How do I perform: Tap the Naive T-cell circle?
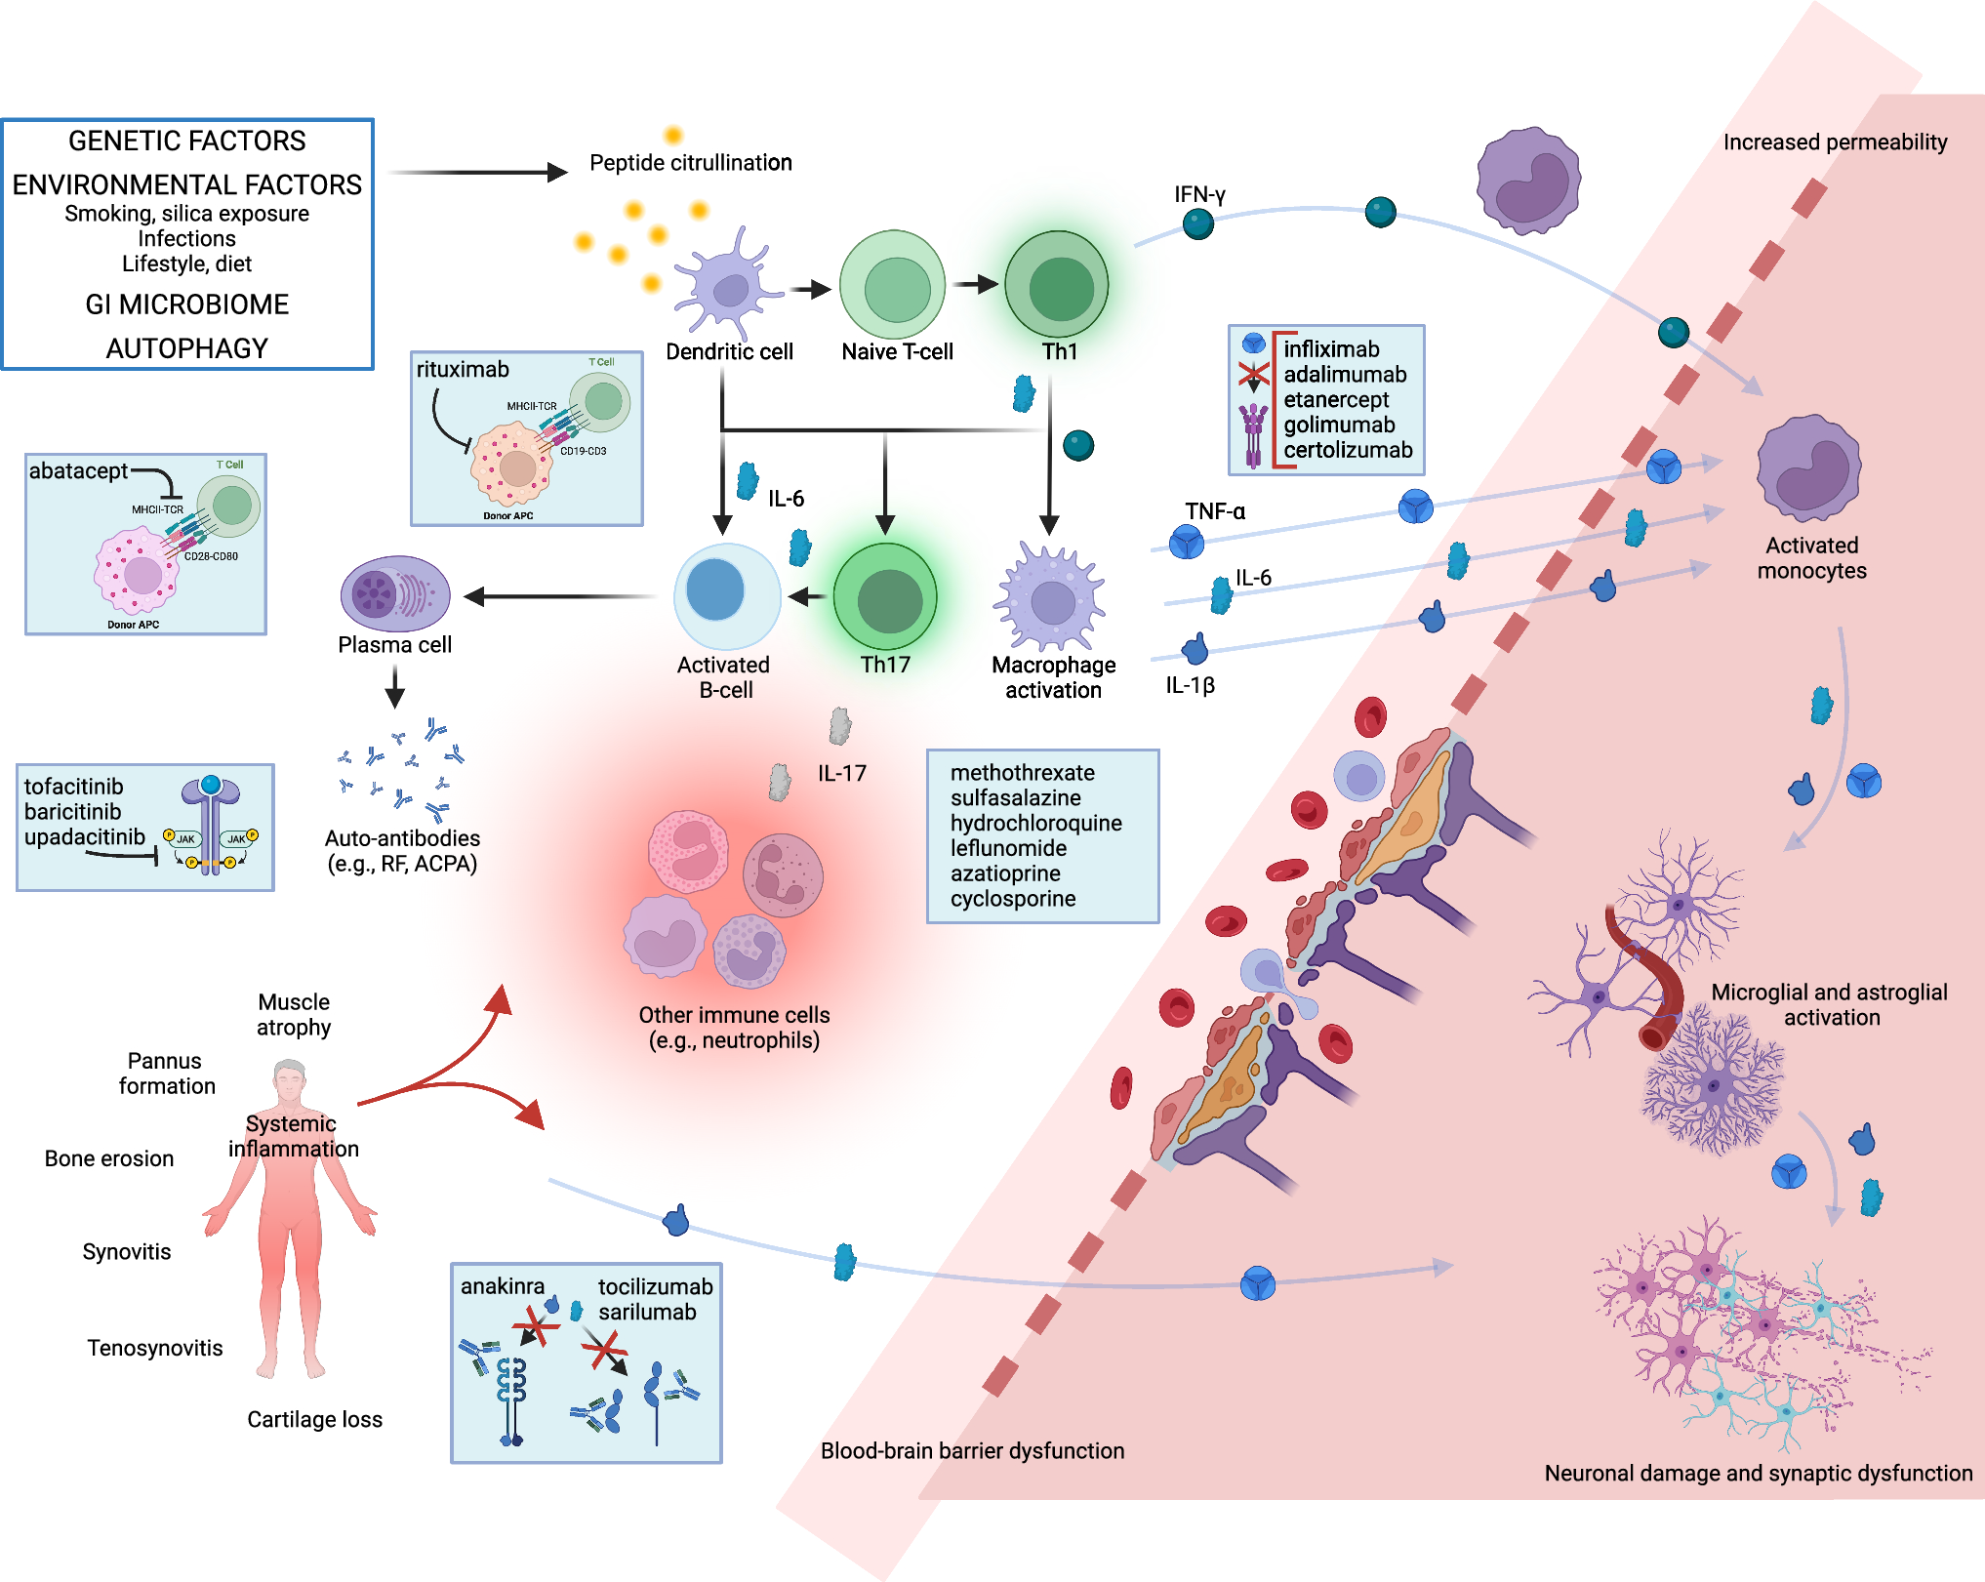click(893, 285)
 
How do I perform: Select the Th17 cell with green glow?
click(885, 597)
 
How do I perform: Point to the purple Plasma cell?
click(394, 593)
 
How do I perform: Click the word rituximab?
click(463, 370)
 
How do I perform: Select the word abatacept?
click(78, 471)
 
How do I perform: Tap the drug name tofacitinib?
click(73, 787)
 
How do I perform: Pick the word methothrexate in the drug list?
click(1022, 773)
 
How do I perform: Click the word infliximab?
click(1331, 349)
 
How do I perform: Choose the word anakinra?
click(502, 1286)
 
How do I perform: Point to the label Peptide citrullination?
click(690, 163)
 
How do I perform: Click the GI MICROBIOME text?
click(186, 304)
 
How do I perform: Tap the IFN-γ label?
click(1199, 194)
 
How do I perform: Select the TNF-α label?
click(1215, 511)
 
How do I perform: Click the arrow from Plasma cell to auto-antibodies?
click(394, 686)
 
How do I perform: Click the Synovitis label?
click(126, 1252)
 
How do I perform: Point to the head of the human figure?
click(290, 1079)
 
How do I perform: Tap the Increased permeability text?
click(1835, 142)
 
